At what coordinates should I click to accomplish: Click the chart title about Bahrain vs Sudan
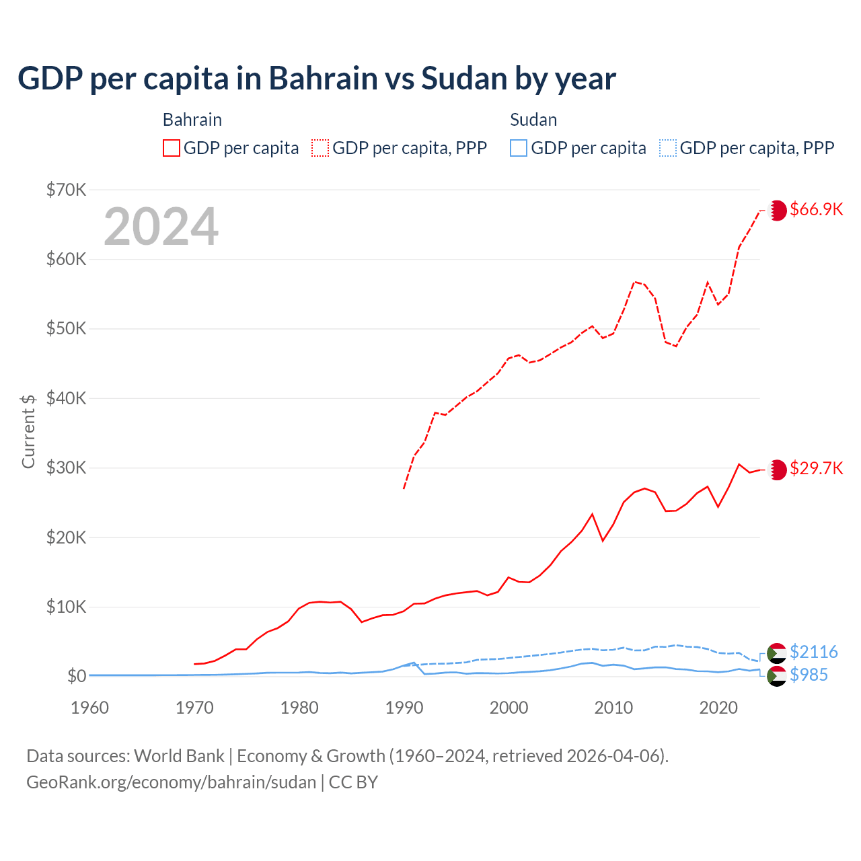point(316,79)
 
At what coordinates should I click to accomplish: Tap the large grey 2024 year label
point(161,227)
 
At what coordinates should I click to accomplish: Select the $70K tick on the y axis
point(67,190)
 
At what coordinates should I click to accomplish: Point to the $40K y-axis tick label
point(67,398)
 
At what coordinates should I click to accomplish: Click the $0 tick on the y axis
point(77,676)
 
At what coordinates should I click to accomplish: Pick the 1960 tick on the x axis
point(89,708)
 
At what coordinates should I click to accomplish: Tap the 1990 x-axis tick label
point(404,708)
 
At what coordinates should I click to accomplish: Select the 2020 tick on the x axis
point(718,708)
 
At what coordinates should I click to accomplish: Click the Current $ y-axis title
point(28,431)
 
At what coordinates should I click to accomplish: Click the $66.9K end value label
point(816,209)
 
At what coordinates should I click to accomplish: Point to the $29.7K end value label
point(816,468)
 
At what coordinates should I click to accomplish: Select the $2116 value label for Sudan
point(813,652)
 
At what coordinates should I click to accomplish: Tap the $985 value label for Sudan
point(809,675)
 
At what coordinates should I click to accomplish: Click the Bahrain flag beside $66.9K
point(778,210)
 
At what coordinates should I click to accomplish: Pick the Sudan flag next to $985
point(777,676)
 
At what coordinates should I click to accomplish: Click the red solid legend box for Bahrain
point(172,148)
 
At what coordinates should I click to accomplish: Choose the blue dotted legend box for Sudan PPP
point(668,148)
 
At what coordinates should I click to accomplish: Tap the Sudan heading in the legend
point(533,120)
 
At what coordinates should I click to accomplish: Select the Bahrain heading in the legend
point(192,120)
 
